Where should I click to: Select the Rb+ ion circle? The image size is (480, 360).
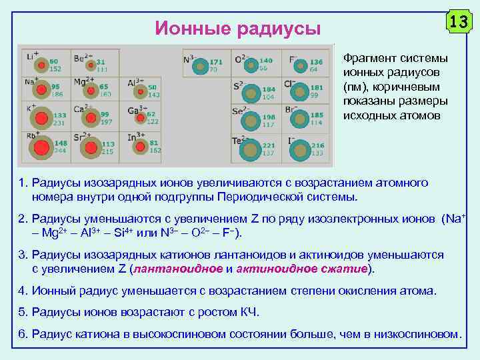[42, 147]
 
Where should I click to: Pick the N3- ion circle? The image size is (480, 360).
[199, 66]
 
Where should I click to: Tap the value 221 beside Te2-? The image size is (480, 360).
[269, 145]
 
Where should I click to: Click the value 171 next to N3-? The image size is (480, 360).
[216, 62]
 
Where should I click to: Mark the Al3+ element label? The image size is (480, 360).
[136, 82]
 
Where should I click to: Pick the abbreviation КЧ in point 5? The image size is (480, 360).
[247, 312]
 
